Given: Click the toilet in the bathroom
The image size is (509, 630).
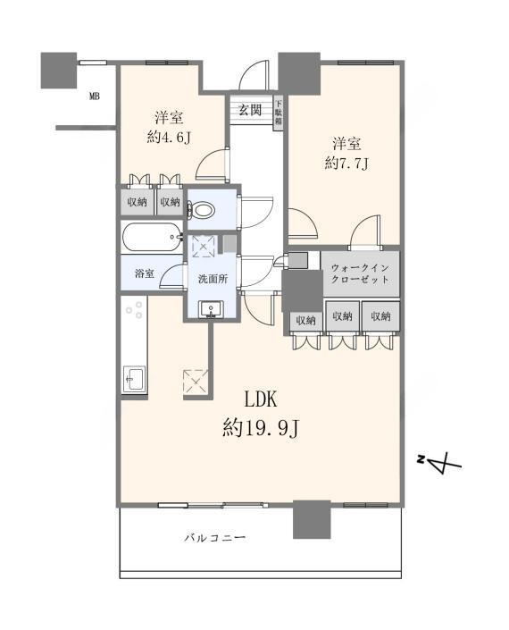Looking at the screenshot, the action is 202,210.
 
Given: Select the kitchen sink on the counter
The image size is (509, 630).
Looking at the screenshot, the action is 134,379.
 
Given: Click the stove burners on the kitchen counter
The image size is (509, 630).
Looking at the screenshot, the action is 134,309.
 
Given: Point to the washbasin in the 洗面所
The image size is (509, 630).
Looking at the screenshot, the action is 211,309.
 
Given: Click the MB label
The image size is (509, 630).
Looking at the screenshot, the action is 95,97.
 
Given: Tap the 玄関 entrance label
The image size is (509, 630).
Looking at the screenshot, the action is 251,110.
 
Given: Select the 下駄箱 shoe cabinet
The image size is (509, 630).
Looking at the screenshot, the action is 279,113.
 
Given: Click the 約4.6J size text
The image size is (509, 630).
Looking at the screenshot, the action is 169,138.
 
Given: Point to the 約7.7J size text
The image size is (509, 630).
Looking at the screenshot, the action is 346,164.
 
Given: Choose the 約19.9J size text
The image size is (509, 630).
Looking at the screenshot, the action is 261,428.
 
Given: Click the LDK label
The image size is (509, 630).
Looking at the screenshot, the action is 261,399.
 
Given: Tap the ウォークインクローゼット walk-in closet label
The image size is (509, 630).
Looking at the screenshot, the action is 360,273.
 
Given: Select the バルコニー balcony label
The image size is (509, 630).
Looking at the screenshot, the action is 215,538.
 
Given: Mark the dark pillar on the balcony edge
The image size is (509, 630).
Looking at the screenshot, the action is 312,519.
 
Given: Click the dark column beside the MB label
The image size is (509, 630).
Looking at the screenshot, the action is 59,71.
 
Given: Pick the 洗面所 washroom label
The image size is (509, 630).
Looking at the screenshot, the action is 213,279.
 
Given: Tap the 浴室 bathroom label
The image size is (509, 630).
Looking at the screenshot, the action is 145,273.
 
